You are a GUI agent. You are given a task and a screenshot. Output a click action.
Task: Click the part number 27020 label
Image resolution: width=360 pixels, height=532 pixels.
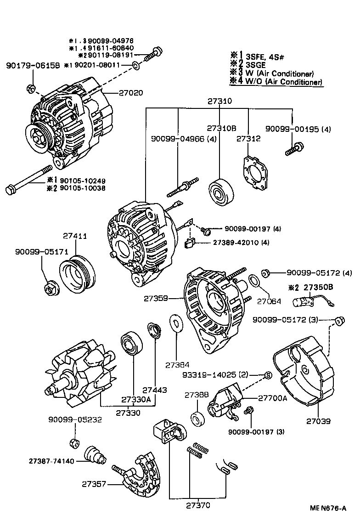point(130,92)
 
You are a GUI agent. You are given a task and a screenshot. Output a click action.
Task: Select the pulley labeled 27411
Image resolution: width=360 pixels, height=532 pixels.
point(78,274)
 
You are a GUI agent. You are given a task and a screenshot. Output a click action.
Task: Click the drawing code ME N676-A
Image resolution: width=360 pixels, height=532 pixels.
point(327,509)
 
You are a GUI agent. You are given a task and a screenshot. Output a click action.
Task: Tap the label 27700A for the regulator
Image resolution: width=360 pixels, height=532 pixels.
point(273,398)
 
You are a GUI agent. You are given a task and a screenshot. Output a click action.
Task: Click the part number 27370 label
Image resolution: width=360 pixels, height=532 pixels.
point(198,505)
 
